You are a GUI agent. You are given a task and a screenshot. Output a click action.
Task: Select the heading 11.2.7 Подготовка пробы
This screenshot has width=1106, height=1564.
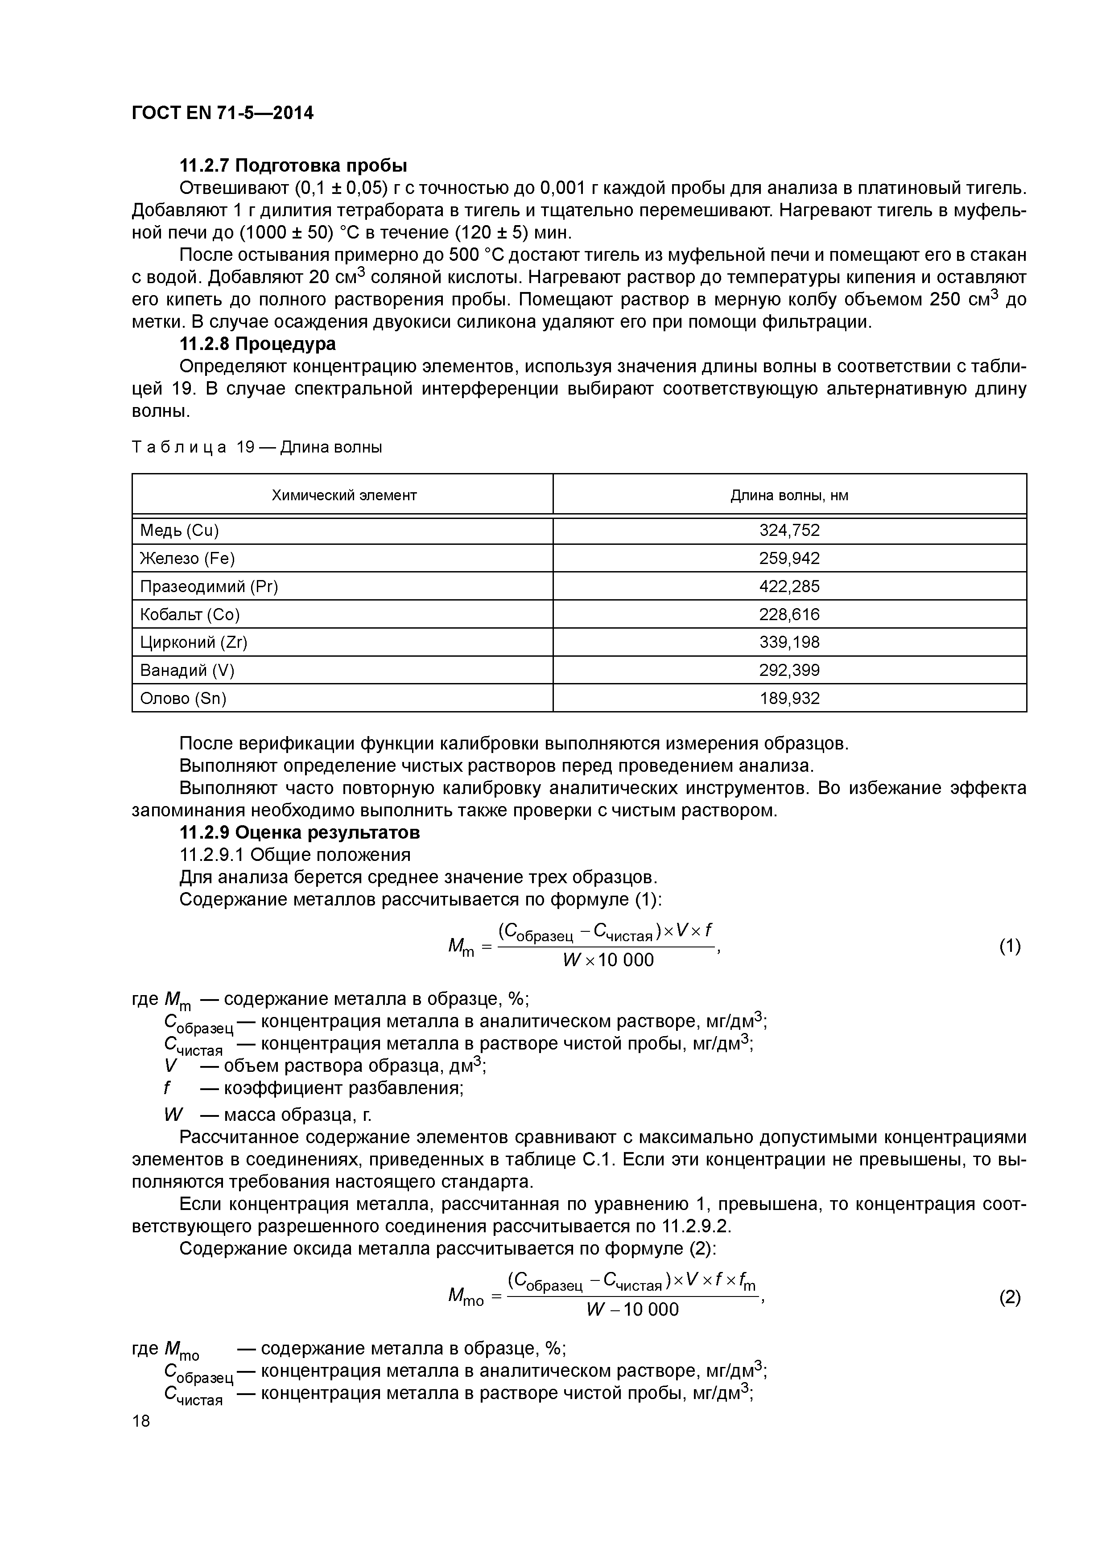pyautogui.click(x=293, y=165)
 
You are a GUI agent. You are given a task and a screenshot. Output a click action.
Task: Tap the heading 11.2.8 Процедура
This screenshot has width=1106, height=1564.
pyautogui.click(x=258, y=344)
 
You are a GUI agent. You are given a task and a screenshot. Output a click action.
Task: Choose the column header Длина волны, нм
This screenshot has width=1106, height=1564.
pyautogui.click(x=789, y=495)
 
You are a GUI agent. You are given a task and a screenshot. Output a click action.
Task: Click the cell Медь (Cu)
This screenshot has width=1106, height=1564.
pyautogui.click(x=179, y=531)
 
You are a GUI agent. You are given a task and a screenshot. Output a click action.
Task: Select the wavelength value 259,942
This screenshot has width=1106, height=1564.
pyautogui.click(x=789, y=559)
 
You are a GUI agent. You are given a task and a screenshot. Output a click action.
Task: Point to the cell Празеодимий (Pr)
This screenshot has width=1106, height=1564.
pyautogui.click(x=209, y=587)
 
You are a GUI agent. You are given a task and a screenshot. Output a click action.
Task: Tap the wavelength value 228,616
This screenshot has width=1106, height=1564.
pyautogui.click(x=789, y=614)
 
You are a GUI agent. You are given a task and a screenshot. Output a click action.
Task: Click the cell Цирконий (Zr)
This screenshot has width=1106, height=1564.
pyautogui.click(x=194, y=642)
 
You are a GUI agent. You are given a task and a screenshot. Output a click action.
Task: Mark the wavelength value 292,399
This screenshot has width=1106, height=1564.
pyautogui.click(x=789, y=670)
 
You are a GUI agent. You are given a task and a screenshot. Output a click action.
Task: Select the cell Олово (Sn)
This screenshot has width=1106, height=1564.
pyautogui.click(x=183, y=698)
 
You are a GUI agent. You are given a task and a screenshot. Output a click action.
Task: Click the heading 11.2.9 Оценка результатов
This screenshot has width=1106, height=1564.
pyautogui.click(x=300, y=832)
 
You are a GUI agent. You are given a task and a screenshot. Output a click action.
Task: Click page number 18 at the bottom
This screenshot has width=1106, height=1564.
pyautogui.click(x=141, y=1421)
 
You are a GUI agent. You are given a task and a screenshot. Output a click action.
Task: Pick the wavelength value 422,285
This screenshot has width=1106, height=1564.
pyautogui.click(x=789, y=587)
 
